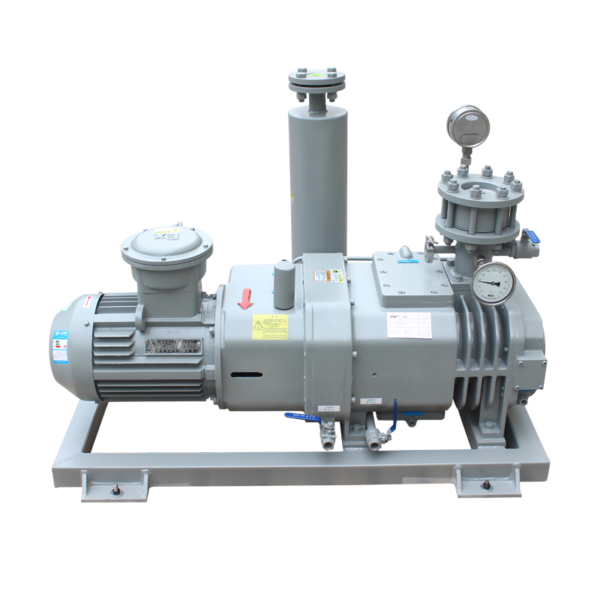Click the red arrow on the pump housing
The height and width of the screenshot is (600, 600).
pyautogui.click(x=244, y=299)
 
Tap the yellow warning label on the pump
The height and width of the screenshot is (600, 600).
pyautogui.click(x=270, y=326)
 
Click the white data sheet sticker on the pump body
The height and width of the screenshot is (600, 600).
pyautogui.click(x=409, y=325)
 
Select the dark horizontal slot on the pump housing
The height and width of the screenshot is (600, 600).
pyautogui.click(x=246, y=374)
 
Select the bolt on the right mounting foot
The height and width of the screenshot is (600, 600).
pyautogui.click(x=487, y=487)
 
